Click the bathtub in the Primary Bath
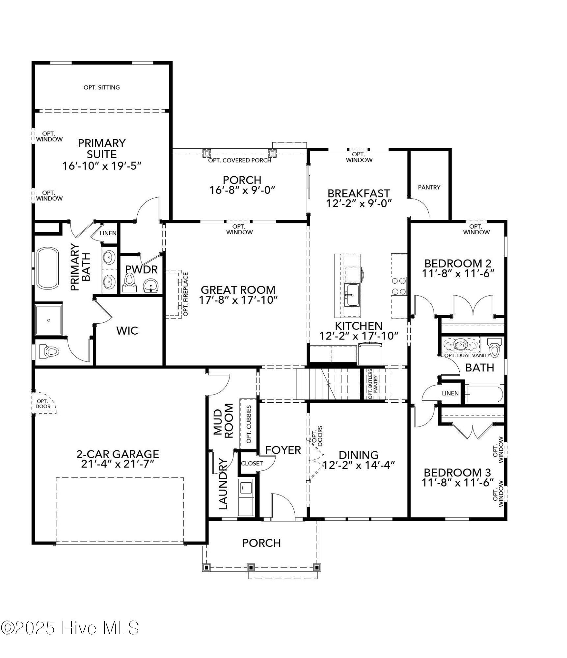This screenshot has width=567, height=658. pos(48,268)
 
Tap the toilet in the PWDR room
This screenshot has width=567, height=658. pos(130,282)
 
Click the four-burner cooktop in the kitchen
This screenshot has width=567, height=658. pos(398,286)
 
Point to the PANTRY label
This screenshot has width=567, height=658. pos(429,187)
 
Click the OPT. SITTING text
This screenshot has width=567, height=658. pos(101,87)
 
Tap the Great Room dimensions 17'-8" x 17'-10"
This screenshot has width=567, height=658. pos(238,300)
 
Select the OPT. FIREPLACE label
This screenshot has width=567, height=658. pos(185,294)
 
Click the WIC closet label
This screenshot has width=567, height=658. pos(127,331)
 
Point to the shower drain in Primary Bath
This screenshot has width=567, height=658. pos(49,320)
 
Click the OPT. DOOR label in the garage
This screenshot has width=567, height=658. pos(43,404)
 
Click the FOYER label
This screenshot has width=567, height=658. pos(283,450)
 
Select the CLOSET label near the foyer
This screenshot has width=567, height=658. pos(252,463)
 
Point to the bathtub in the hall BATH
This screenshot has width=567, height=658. pos(484,394)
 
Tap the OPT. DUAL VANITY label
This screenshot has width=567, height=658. pos(467,355)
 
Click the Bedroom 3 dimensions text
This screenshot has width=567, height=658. pos(458,483)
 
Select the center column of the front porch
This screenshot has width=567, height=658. pos(251,568)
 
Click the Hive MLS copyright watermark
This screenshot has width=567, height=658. pos(70,628)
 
